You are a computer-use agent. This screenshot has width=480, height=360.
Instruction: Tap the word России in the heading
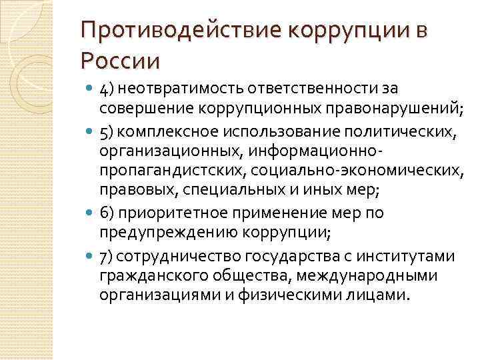coord(120,61)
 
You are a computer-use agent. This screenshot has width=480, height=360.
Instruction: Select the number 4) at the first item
coord(107,89)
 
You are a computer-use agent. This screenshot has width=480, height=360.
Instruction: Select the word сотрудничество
coord(173,256)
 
